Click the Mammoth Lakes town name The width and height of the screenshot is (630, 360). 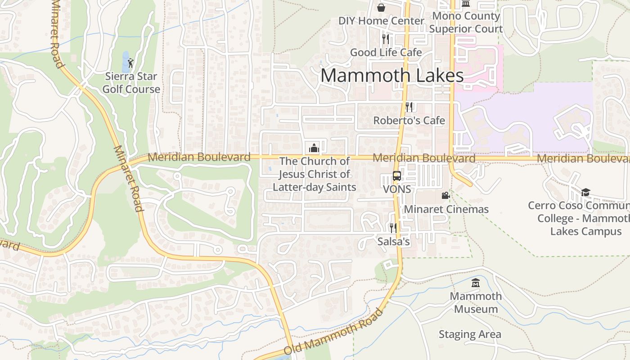[x=392, y=76]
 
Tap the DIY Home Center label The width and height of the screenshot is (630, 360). [x=381, y=21]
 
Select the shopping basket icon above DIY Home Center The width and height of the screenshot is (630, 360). [x=381, y=7]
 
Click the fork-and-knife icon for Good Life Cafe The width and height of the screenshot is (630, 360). [x=385, y=39]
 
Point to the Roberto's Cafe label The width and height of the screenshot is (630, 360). [x=409, y=121]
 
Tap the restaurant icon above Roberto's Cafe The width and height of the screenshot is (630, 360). [x=409, y=107]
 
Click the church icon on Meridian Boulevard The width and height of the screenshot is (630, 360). [x=314, y=148]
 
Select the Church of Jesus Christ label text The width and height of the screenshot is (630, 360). [x=314, y=174]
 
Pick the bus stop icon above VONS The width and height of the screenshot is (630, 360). [x=396, y=176]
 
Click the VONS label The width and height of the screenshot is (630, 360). [x=396, y=189]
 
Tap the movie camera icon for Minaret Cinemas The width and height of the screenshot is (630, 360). [x=445, y=195]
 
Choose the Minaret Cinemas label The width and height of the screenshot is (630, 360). [x=446, y=209]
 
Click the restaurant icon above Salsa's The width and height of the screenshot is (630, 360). [x=393, y=228]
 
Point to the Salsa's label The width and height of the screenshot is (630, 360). [x=393, y=242]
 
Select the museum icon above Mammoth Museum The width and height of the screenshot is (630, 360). [x=476, y=283]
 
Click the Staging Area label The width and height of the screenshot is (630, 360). [x=470, y=334]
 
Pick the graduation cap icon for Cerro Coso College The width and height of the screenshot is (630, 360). [x=585, y=193]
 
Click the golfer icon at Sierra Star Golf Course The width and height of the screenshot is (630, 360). [x=130, y=63]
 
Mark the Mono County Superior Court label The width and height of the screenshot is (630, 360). [x=466, y=22]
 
